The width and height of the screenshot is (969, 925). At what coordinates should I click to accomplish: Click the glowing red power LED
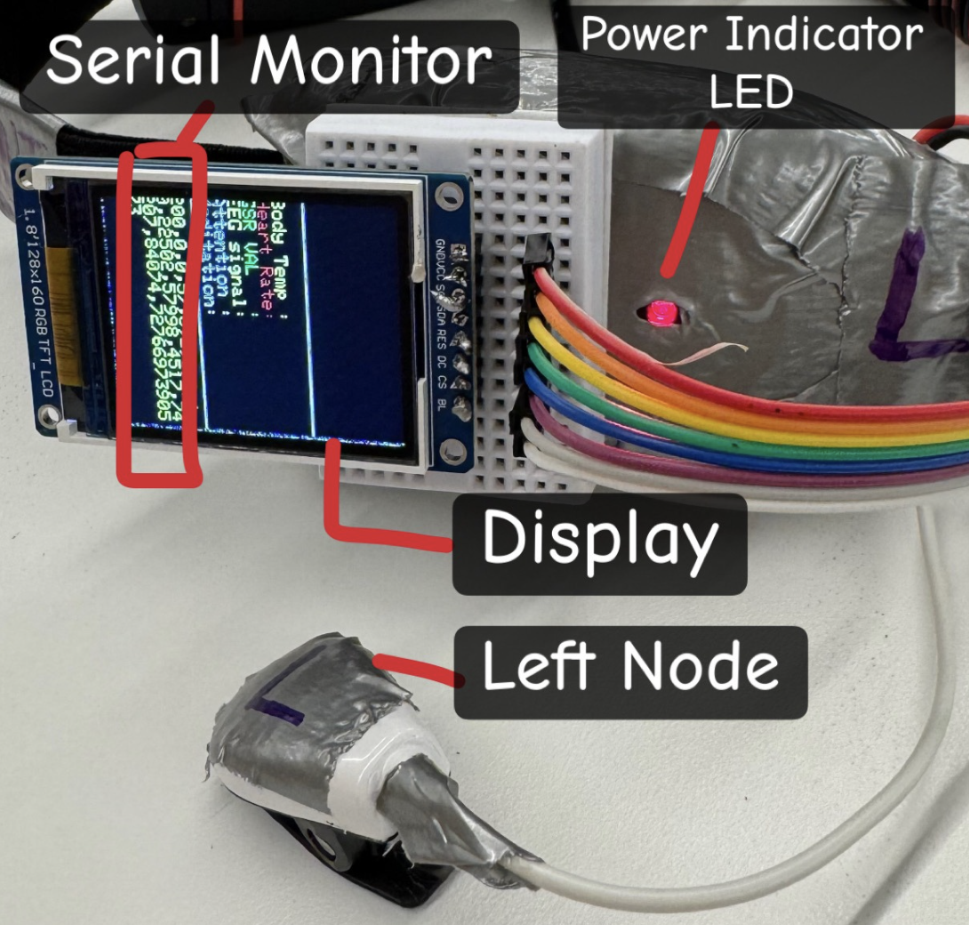(660, 312)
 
